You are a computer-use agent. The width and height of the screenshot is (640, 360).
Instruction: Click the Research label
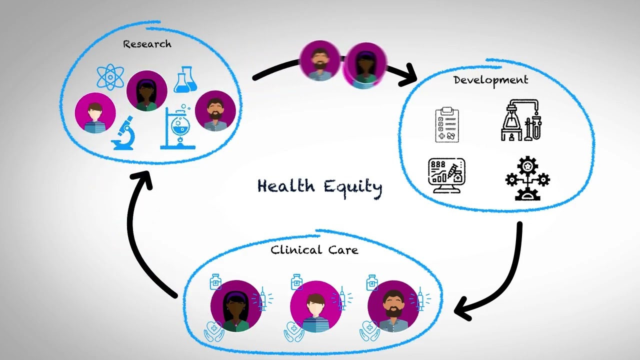(x=147, y=44)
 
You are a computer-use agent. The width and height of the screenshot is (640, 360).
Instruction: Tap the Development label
(x=491, y=80)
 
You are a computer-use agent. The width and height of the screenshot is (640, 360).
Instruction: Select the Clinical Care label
(x=314, y=250)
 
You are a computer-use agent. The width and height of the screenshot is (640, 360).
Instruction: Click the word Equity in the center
(x=353, y=187)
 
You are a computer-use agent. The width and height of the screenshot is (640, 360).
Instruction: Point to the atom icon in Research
(x=110, y=77)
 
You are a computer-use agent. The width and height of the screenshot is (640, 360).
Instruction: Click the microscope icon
(x=123, y=133)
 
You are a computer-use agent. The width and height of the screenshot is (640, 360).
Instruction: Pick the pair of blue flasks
(x=185, y=79)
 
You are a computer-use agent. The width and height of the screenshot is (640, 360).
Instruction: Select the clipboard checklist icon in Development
(x=447, y=124)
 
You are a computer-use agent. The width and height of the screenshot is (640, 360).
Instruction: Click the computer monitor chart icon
(x=447, y=175)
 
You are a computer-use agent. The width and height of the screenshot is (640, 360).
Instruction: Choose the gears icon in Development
(x=527, y=178)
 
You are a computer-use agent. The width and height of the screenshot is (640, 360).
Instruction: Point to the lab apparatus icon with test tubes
(x=521, y=120)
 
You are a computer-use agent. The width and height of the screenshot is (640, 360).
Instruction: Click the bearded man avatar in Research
(x=215, y=111)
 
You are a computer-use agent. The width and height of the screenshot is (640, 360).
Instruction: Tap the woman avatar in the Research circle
(x=147, y=91)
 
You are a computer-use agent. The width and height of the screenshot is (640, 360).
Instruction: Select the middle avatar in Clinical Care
(x=315, y=306)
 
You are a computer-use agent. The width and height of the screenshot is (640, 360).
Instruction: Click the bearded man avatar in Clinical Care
(x=393, y=306)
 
